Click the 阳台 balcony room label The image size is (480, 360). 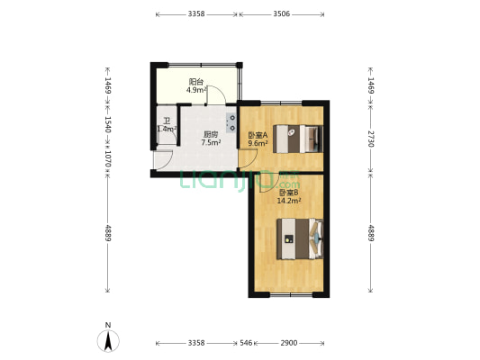coord(196,82)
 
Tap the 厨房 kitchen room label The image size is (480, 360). coord(211,134)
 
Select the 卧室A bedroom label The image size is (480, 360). coord(258,135)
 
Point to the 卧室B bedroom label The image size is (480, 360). coord(288,193)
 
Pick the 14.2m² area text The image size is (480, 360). coord(288,201)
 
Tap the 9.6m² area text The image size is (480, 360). coord(258,143)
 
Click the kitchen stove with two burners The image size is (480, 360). coord(231,122)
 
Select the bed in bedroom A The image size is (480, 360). coord(298,139)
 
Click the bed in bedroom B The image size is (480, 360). coord(300,238)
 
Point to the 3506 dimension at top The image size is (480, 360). coord(281,14)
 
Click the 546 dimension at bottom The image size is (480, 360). coord(246,343)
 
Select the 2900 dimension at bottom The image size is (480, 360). coord(289,343)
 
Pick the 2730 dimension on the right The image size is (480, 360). coord(371,139)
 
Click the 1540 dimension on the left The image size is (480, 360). coord(108,124)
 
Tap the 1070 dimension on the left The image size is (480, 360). coord(108,159)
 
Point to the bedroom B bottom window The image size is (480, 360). coord(291,295)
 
